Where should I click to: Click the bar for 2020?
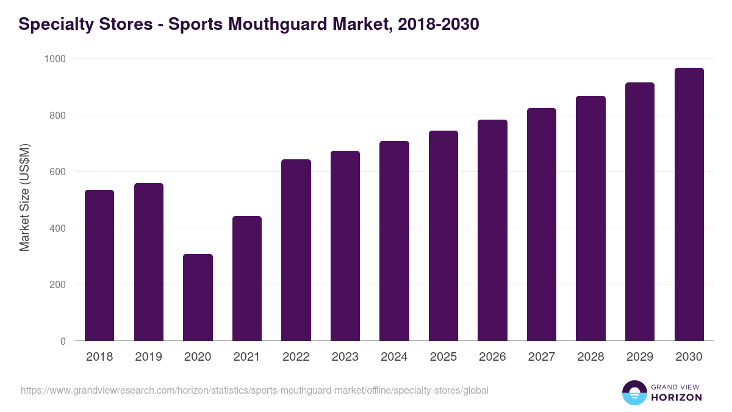(198, 297)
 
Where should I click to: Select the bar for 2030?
(689, 204)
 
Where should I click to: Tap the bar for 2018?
(99, 266)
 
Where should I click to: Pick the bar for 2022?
(296, 250)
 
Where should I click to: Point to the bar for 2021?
(247, 278)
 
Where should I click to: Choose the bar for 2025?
(443, 236)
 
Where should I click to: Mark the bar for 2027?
(542, 225)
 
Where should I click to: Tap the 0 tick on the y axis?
(63, 341)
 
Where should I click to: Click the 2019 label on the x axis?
(148, 357)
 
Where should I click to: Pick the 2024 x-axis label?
(394, 357)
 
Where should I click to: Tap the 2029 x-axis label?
(640, 357)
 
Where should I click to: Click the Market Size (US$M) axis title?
(24, 197)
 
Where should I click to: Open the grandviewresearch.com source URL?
(254, 390)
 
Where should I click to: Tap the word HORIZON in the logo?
(676, 397)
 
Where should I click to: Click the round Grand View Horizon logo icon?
(634, 392)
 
